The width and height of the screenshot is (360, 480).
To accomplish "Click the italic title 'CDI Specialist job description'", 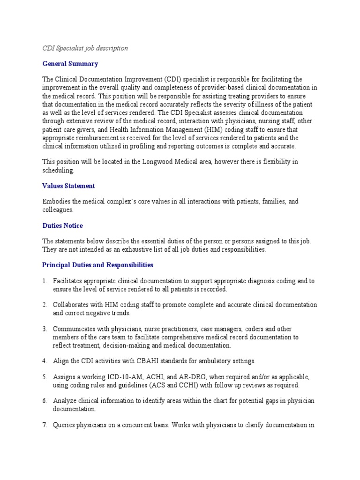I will click(85, 48).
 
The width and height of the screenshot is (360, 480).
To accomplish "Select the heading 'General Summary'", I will click(70, 64).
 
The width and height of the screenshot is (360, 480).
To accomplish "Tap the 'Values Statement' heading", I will click(69, 186).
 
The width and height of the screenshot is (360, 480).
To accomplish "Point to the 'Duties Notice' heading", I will click(62, 225).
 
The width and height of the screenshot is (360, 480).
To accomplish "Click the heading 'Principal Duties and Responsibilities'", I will click(97, 265).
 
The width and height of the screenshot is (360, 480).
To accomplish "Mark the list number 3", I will click(45, 329).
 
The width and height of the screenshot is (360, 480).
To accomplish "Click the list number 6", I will click(45, 401).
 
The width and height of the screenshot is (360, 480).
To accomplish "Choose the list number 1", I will click(45, 281).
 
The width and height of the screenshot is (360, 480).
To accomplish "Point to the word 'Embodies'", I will click(56, 201).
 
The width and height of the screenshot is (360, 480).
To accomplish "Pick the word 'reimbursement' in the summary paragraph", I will click(96, 138).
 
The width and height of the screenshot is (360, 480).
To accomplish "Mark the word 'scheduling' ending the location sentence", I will click(58, 170).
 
